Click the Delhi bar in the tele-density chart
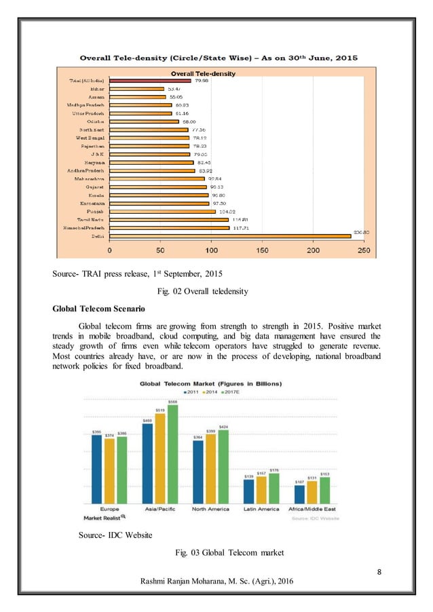(x=231, y=236)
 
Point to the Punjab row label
(x=94, y=210)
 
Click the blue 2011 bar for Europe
(x=97, y=469)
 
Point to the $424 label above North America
(x=223, y=425)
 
